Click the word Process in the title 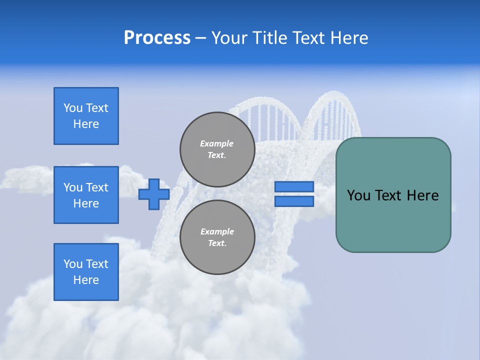tap(157, 38)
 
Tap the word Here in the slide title tap(348, 38)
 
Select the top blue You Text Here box tap(86, 116)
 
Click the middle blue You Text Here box tap(86, 195)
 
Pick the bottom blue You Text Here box tap(86, 272)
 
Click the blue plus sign tap(154, 194)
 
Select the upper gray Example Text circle tap(217, 149)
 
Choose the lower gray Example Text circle tap(217, 237)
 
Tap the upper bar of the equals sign tap(294, 187)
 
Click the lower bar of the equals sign tap(294, 201)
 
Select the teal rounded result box tap(393, 220)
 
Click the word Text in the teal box tap(388, 195)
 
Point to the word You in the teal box tap(358, 195)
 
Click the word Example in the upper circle tap(217, 143)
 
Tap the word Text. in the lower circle tap(217, 243)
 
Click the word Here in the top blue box tap(86, 124)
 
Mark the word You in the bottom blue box tap(73, 264)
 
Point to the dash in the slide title tap(201, 38)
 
